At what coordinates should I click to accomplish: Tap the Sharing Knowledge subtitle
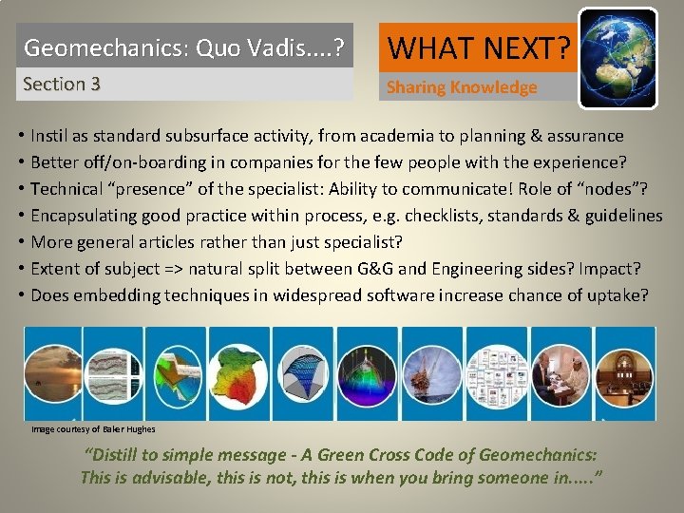462,87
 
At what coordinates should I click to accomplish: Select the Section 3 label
62,84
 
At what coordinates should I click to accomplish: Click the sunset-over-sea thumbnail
52,372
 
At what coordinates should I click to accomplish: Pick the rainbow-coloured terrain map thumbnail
238,372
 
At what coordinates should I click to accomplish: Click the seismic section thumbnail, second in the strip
114,372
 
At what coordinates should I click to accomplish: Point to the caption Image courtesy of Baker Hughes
93,429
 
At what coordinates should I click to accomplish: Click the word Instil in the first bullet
53,136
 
